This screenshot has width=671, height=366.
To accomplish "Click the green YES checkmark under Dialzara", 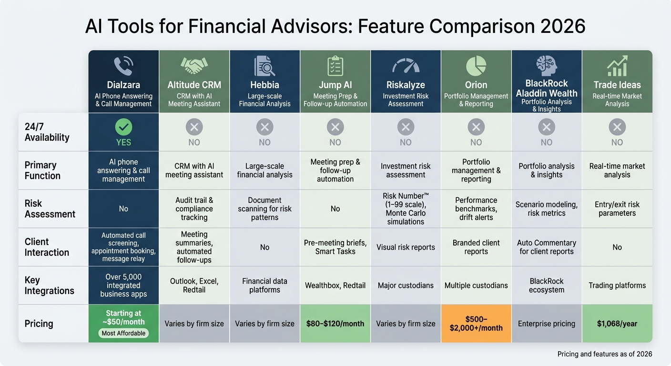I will pos(123,127).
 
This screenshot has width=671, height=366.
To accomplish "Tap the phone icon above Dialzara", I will pos(123,66).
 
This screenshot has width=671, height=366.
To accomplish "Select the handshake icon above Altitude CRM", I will pos(194,66).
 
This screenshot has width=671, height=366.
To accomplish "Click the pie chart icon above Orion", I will pos(476,66).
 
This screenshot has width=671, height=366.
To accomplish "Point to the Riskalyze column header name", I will pos(406,85).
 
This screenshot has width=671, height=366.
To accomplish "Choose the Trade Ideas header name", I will pos(617,85).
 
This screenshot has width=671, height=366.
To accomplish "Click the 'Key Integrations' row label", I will pos(49,285).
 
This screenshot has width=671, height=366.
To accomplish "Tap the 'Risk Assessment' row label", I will pos(50,209).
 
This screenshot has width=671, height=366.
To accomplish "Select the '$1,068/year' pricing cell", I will pos(617,324).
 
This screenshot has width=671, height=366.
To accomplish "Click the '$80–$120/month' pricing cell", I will pos(335,324).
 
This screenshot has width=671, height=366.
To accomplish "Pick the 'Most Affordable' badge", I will pos(123,333).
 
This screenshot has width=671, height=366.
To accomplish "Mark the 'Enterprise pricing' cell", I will pos(547,324).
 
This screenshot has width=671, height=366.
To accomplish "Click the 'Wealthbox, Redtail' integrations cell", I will pos(335,285).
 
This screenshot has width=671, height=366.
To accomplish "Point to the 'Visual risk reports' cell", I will pos(406,247).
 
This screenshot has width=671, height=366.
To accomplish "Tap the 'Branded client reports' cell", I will pos(476,247).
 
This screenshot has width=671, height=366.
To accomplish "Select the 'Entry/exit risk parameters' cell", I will pos(617,209).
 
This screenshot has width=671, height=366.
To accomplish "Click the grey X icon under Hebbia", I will pos(264,127).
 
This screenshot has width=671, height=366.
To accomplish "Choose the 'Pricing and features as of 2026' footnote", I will pos(604,354).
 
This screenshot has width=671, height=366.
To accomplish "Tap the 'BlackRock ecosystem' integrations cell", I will pos(547,285).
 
